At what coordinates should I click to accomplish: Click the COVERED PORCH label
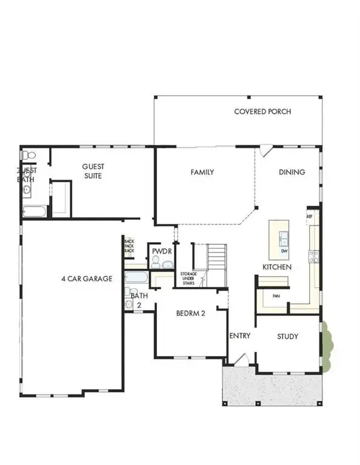point(262,111)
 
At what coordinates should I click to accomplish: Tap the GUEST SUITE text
point(93,171)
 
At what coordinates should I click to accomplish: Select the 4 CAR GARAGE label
point(87,279)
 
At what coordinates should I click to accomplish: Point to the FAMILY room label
point(202,172)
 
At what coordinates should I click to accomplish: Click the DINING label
point(292,172)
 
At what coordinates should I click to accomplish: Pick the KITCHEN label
point(277,267)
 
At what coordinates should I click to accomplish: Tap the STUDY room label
point(287,336)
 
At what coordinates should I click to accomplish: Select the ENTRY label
point(240,336)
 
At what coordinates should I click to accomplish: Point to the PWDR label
point(161,250)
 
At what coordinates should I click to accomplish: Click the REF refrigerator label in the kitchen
point(309,216)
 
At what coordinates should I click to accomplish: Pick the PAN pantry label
point(276,297)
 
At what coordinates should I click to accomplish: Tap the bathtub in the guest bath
point(35,212)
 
